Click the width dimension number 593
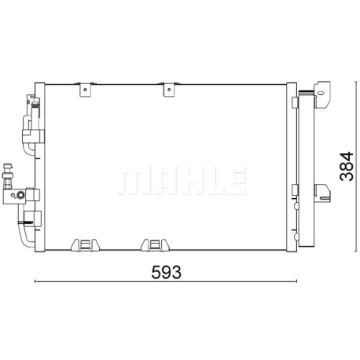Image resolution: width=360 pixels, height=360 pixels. (166, 272)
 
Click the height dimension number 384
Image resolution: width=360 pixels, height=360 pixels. (347, 166)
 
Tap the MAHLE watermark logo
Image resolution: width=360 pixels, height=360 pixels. (182, 180)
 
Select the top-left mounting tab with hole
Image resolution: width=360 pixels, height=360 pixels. (86, 90)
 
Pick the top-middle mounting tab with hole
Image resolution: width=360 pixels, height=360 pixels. (169, 90)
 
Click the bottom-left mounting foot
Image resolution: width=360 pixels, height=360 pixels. (85, 244)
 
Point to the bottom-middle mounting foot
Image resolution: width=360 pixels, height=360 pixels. (154, 244)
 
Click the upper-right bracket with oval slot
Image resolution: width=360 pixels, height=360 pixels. (322, 94)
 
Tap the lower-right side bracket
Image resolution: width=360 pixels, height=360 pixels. (322, 193)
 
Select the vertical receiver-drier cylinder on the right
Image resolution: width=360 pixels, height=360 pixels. (306, 169)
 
